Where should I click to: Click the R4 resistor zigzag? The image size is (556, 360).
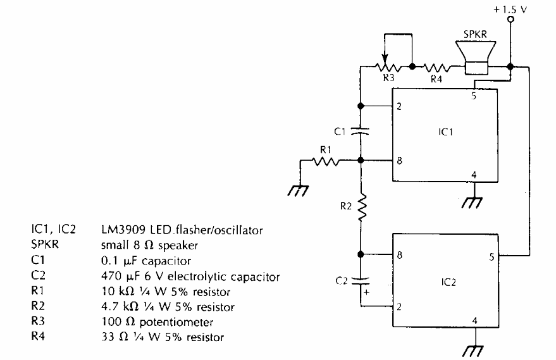437,65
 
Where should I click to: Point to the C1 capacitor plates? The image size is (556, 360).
360,132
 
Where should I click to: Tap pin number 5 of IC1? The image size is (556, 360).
473,97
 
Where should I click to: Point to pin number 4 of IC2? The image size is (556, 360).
474,320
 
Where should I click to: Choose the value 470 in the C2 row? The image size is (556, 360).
111,276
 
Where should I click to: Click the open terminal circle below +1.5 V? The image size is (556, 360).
513,20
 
